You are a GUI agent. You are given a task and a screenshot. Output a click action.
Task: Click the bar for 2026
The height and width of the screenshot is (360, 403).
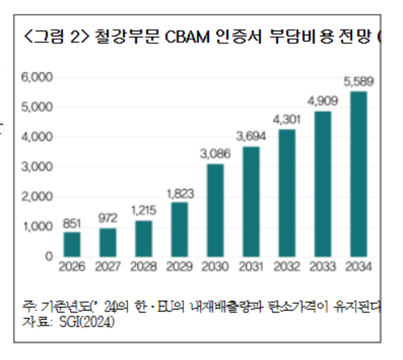(72, 244)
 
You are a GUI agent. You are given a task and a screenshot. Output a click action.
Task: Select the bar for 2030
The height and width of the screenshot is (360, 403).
(215, 210)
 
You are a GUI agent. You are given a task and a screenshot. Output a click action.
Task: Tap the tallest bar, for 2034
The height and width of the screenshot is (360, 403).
(358, 174)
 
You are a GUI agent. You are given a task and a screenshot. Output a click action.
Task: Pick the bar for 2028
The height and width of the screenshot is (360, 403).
(143, 238)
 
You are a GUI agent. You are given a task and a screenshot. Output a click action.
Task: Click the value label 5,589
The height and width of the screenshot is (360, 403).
(358, 82)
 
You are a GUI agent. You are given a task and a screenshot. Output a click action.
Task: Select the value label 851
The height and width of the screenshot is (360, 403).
(72, 223)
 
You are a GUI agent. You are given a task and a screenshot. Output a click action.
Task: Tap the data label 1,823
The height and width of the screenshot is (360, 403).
(179, 193)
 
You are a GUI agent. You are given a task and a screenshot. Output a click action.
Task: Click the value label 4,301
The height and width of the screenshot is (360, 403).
(287, 120)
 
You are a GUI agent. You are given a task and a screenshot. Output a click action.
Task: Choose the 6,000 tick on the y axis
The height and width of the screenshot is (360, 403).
(37, 77)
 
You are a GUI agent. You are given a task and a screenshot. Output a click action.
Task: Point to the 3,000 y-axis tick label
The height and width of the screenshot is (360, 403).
(37, 167)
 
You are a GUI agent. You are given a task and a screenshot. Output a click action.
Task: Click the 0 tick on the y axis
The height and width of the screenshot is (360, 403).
(49, 257)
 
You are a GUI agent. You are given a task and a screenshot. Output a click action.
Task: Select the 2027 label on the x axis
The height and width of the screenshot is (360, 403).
(107, 267)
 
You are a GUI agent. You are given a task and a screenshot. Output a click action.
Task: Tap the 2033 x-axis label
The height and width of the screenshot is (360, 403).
(322, 267)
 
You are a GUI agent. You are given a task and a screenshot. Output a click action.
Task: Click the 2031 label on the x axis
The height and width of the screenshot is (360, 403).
(251, 267)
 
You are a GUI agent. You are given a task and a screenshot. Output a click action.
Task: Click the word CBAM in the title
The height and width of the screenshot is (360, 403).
(187, 38)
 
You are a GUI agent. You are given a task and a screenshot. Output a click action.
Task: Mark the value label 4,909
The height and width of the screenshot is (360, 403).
(322, 102)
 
